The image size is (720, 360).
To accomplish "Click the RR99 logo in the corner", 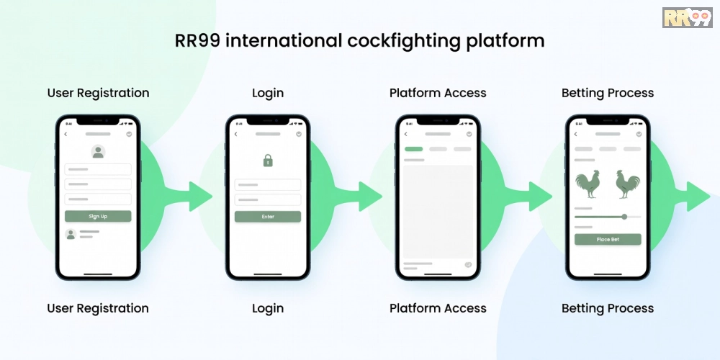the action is [x=688, y=17].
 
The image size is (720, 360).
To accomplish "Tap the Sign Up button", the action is [x=98, y=216].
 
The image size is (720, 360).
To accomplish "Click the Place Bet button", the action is [x=608, y=239].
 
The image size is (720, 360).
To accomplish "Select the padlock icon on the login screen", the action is [x=268, y=161].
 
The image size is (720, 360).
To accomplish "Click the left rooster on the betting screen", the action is [x=588, y=184].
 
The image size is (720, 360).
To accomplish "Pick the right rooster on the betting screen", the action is [x=628, y=184].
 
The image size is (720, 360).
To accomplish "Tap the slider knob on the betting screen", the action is [x=624, y=216].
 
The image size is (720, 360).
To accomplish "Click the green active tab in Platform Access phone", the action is [x=413, y=149].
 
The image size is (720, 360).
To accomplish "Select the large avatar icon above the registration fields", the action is [x=98, y=151].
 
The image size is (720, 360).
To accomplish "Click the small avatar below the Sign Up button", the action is [x=71, y=234].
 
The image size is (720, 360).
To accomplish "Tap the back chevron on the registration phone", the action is [x=66, y=134].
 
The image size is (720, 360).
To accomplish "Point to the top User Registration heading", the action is [x=98, y=93].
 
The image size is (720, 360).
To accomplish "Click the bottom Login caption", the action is [x=268, y=308].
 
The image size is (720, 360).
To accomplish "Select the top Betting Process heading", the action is [x=608, y=93].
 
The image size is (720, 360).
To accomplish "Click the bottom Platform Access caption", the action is [x=438, y=308].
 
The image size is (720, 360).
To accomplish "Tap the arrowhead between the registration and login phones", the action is [x=200, y=197].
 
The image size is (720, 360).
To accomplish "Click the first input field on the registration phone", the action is [x=98, y=169].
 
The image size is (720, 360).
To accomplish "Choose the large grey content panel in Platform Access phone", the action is [x=438, y=212].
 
